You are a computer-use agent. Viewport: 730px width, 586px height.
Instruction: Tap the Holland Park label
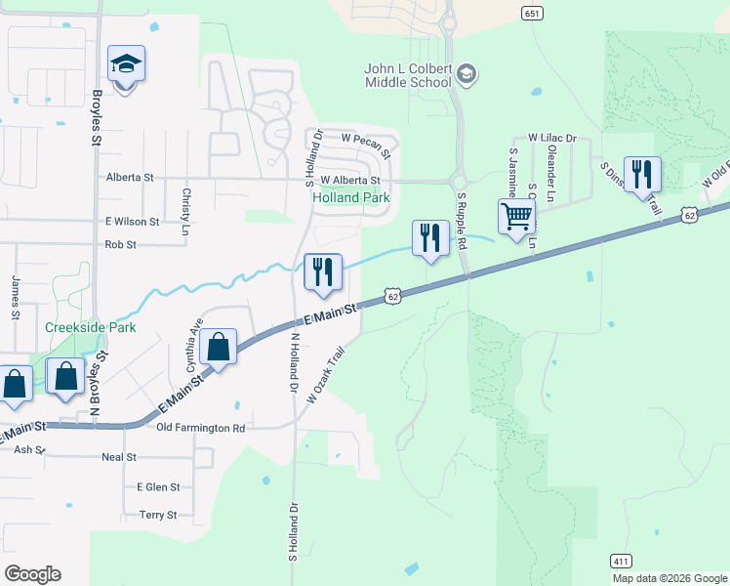350,197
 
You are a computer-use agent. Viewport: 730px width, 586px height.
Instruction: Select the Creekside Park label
90,328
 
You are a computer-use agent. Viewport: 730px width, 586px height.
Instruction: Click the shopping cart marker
516,216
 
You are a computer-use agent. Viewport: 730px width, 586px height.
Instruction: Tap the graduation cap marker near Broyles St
126,64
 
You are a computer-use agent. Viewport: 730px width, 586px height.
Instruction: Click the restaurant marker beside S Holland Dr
323,272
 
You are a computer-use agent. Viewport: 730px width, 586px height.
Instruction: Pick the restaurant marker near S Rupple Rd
429,237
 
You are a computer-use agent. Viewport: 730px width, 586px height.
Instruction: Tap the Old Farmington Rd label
201,428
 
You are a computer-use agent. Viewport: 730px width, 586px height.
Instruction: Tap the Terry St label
158,515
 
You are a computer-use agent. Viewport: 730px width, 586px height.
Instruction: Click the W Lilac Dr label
551,140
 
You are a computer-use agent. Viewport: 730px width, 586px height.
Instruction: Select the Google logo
32,574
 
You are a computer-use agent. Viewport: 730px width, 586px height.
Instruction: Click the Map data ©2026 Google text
670,578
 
